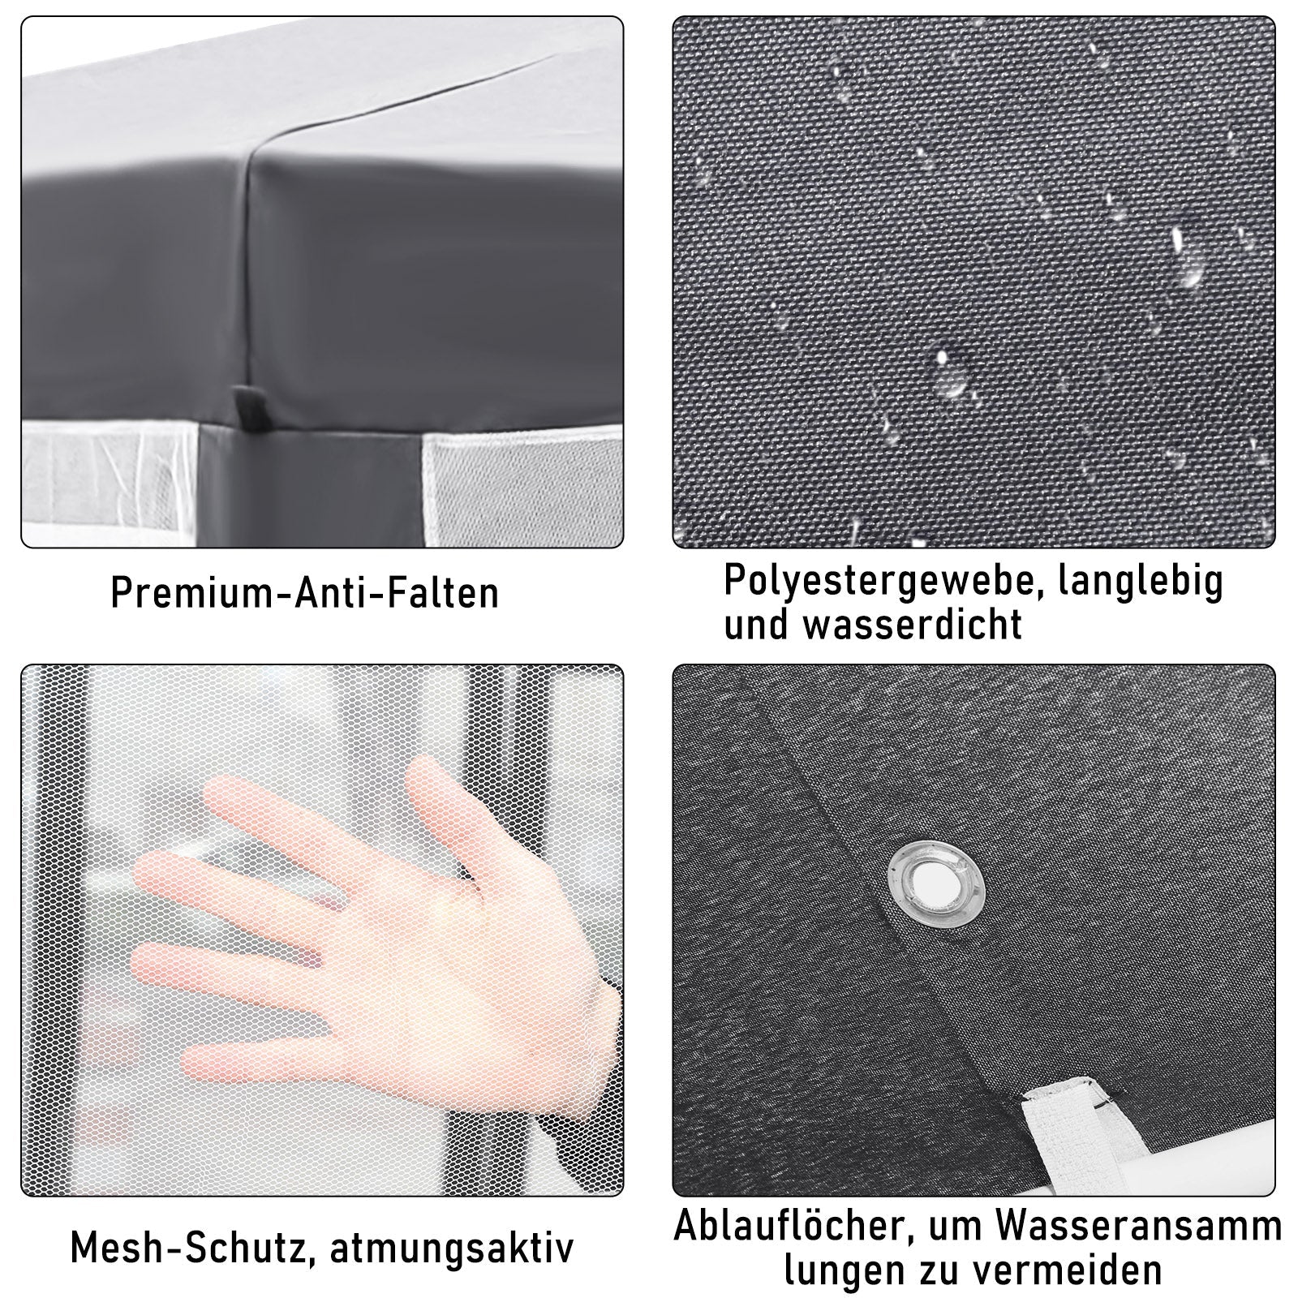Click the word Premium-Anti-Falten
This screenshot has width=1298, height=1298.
pyautogui.click(x=304, y=592)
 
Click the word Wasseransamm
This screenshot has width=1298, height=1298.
pyautogui.click(x=1149, y=1227)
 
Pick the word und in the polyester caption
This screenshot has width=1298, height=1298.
pyautogui.click(x=757, y=625)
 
